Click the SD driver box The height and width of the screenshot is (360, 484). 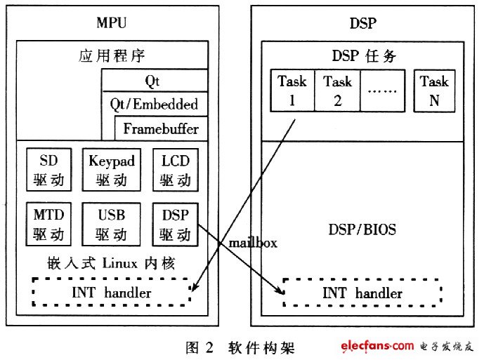pos(48,170)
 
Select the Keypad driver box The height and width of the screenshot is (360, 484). pos(112,170)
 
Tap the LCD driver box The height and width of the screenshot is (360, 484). pos(176,170)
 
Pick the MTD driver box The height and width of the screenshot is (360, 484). pos(48,224)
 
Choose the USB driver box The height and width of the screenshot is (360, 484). pos(112,224)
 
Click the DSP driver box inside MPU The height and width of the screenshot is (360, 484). pos(176,225)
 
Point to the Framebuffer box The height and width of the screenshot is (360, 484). pos(161,128)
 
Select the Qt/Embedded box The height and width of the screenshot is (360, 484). pos(155,104)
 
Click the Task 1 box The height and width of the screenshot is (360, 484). pos(292,91)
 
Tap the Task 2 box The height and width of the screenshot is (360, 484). pos(337,91)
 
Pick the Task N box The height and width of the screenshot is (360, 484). pos(434,91)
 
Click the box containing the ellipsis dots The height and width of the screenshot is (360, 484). pos(382,91)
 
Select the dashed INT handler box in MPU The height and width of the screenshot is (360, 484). pos(112,292)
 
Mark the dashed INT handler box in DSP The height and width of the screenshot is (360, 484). pos(362,293)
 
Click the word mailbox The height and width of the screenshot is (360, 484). pos(253,243)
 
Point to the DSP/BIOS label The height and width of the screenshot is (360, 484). pos(362,229)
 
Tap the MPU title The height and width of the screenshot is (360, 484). pos(112,22)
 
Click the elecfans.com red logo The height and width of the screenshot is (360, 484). pos(377,346)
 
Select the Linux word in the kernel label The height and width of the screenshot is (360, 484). pos(119,263)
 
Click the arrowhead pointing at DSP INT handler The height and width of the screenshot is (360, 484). pos(280,291)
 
